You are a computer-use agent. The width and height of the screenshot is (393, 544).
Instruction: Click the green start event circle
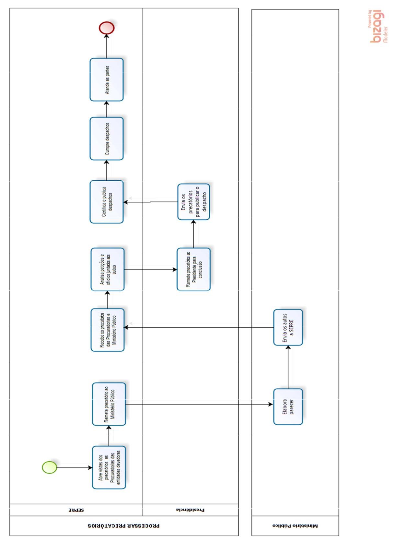[x=50, y=467]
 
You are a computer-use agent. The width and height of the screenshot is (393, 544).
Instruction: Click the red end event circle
[x=107, y=28]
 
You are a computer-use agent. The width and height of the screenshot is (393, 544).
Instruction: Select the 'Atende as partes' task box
[x=107, y=80]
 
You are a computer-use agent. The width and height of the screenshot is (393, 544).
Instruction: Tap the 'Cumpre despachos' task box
[x=107, y=139]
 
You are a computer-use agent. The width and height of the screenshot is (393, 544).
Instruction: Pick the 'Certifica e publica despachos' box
[x=107, y=202]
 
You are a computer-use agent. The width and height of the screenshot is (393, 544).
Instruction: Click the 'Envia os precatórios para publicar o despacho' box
[x=193, y=202]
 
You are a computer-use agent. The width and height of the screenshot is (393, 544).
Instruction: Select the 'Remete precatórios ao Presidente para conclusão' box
[x=193, y=269]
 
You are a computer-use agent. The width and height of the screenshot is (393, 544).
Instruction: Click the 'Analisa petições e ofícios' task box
[x=108, y=269]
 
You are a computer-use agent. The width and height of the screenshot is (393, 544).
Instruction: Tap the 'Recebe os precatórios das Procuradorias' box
[x=108, y=330]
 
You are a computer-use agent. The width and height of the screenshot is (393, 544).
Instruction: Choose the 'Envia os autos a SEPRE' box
[x=288, y=327]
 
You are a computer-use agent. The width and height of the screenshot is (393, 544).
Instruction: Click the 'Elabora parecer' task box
[x=288, y=406]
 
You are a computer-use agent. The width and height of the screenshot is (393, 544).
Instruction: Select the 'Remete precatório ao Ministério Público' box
[x=109, y=404]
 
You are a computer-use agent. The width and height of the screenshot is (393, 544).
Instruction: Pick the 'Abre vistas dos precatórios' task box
[x=109, y=467]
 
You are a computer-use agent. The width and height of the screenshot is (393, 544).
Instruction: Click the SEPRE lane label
[x=76, y=510]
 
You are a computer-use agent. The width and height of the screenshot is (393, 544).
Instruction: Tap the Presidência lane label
[x=191, y=510]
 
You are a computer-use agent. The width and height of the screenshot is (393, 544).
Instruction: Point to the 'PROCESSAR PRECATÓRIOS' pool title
[x=124, y=526]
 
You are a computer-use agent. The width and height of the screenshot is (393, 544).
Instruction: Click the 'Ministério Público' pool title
[x=295, y=526]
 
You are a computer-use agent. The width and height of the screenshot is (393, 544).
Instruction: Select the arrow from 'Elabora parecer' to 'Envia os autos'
[x=288, y=367]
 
